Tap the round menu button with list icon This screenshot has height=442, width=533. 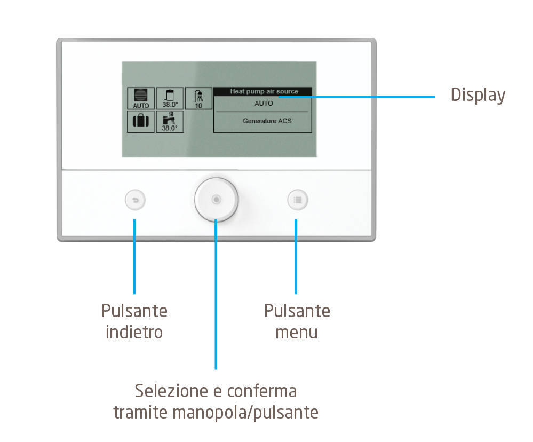coord(297,200)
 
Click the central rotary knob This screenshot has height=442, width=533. coord(216,200)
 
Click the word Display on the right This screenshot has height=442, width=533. coord(478,95)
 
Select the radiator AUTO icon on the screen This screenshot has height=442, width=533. coord(141,98)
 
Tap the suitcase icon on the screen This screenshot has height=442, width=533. coord(141,121)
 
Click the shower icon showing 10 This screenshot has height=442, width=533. coord(198,98)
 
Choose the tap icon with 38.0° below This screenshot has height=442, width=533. coord(170,121)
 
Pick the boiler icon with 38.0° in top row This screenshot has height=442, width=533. coord(170,98)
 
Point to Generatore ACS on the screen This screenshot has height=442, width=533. coord(267,121)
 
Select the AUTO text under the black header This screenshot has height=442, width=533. coord(264,104)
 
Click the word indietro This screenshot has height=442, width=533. coord(134,332)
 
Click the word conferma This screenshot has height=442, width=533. coord(262,391)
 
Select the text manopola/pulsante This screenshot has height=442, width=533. coord(245,413)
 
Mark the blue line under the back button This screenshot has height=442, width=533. coord(134,256)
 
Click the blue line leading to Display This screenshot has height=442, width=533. coord(357,97)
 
